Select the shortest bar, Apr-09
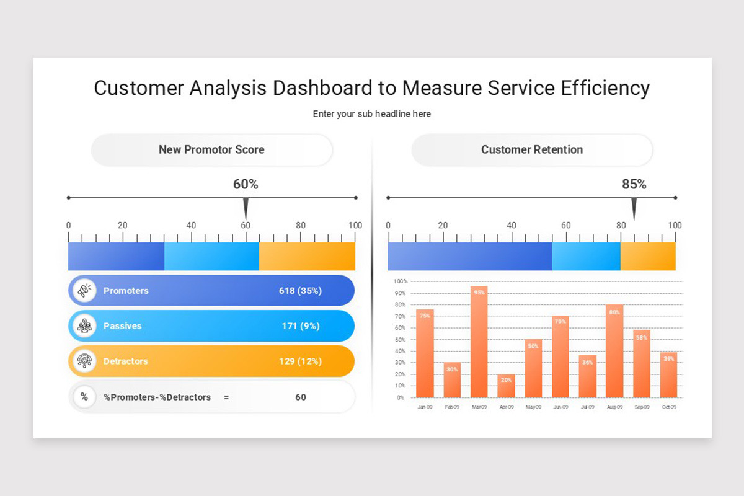pos(506,386)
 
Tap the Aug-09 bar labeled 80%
pos(614,351)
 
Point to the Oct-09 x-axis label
pos(668,407)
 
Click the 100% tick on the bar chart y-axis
pos(400,281)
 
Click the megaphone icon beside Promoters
pos(84,290)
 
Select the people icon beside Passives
pos(84,326)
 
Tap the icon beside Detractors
pos(84,361)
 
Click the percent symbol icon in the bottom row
pos(84,397)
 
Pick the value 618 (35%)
pos(300,291)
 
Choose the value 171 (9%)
pos(300,326)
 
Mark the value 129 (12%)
pos(300,361)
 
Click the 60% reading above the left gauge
pos(246,184)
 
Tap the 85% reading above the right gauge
pos(634,184)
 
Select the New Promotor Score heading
pos(211,149)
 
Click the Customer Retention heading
pos(531,149)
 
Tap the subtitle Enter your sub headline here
pos(371,114)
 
